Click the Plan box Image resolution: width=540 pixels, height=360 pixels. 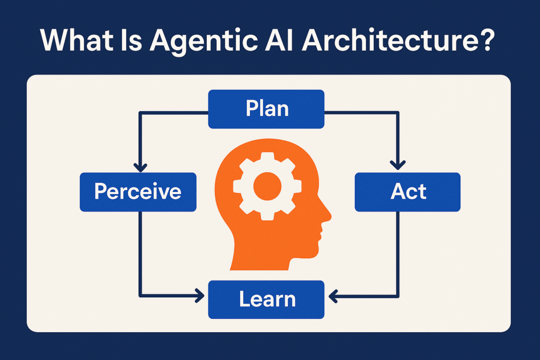coord(266,109)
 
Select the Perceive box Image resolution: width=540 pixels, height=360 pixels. coord(138,192)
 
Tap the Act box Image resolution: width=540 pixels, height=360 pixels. coord(408,192)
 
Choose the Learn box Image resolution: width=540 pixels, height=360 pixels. coord(266,299)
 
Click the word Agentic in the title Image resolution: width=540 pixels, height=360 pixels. coord(204,41)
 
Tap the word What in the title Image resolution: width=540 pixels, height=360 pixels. coord(76,40)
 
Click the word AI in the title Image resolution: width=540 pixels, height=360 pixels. coord(279,40)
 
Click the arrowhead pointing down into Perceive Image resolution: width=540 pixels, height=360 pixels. coord(140,167)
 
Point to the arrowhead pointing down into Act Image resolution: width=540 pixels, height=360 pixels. coord(398,165)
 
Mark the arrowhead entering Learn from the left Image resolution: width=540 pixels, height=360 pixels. coord(200,296)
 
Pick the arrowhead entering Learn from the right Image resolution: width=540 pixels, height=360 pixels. coord(333,296)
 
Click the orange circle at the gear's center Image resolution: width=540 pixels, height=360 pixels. coord(267,186)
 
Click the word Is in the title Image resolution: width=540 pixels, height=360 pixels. coord(131,40)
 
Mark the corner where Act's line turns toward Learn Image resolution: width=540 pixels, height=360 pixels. coord(398,296)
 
